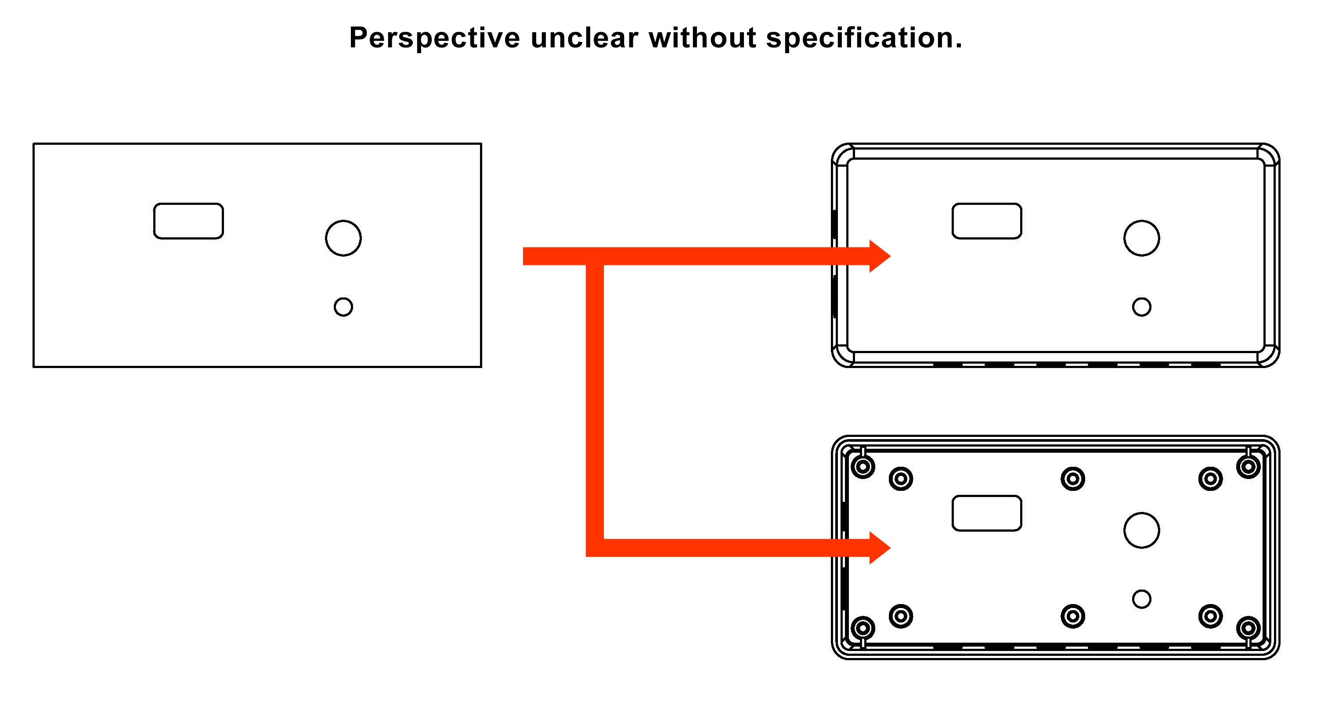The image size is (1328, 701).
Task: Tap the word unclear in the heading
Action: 584,38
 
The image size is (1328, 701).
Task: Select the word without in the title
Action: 702,38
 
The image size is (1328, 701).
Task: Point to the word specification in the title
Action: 863,38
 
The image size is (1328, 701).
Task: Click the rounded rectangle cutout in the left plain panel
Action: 188,221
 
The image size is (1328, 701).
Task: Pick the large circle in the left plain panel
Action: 343,238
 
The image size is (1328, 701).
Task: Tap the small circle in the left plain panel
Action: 343,307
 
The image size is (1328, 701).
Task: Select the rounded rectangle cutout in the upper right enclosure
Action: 987,221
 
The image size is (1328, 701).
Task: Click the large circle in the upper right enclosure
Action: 1142,238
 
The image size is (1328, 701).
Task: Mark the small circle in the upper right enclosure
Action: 1142,307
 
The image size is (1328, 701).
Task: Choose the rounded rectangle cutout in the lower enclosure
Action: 987,513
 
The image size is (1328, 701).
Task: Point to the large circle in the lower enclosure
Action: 1142,530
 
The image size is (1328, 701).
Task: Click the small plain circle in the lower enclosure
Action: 1142,599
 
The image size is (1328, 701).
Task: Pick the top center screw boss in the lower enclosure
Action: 1073,479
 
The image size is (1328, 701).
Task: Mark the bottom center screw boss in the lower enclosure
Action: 1073,616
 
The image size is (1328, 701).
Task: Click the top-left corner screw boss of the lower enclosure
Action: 863,467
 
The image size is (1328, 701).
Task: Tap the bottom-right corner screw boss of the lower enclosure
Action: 1249,628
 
